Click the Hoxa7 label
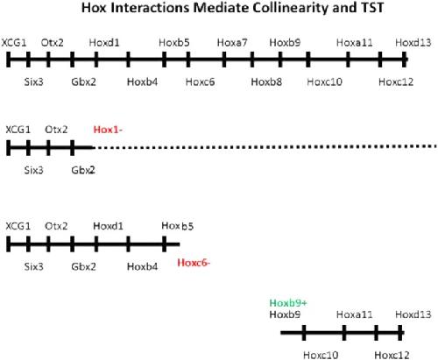tap(232, 43)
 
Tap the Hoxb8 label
tap(266, 81)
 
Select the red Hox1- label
tap(108, 130)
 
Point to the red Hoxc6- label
tap(194, 263)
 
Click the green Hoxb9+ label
tap(288, 303)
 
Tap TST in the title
tap(371, 8)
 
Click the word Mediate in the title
tap(221, 8)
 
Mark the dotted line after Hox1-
tap(265, 147)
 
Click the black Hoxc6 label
tap(200, 81)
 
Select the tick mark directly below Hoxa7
tap(224, 60)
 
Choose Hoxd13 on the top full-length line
tap(413, 43)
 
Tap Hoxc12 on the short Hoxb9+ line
tap(392, 355)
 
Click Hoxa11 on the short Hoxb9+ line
tap(355, 314)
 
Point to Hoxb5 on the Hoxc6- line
tap(178, 226)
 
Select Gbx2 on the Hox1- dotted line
tap(83, 170)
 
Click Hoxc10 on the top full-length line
tap(324, 81)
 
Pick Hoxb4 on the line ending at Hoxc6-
tap(142, 266)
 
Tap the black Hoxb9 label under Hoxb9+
tap(285, 314)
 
